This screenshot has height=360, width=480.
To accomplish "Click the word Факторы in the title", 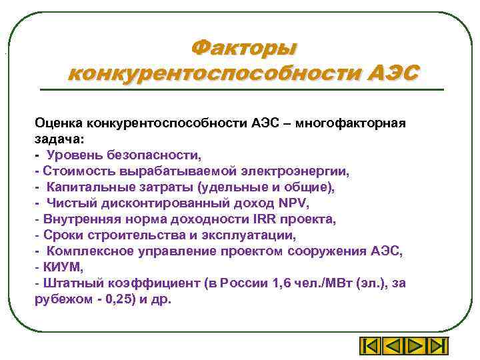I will pyautogui.click(x=243, y=48).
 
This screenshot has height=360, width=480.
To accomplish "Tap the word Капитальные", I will pyautogui.click(x=85, y=187).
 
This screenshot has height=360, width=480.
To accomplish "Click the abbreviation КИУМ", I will pyautogui.click(x=63, y=267).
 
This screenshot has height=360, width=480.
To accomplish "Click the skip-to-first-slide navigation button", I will pyautogui.click(x=370, y=347).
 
